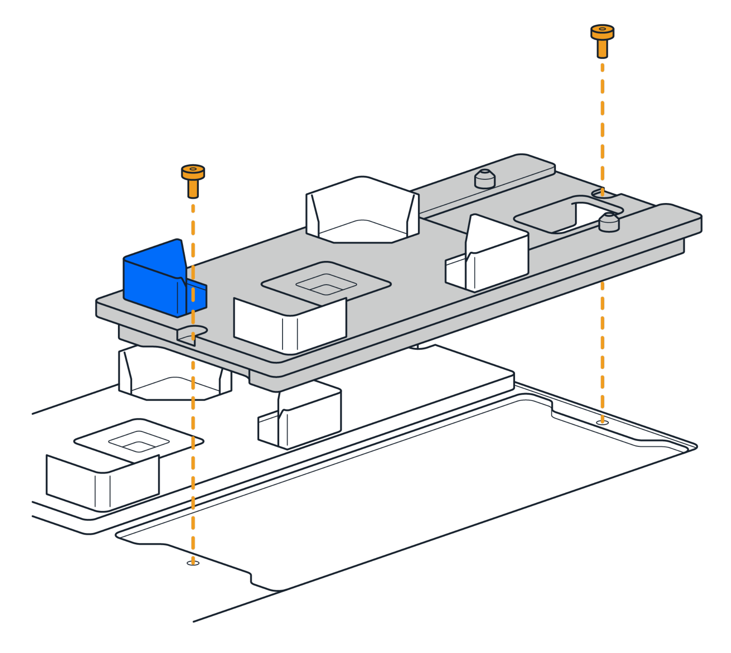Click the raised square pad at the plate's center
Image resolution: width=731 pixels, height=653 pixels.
coord(326,284)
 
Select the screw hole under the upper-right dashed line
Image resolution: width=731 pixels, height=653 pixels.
coord(602,194)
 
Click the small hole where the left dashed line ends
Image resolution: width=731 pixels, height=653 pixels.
coord(193,563)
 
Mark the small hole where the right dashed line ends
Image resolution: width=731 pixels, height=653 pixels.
coord(602,423)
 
